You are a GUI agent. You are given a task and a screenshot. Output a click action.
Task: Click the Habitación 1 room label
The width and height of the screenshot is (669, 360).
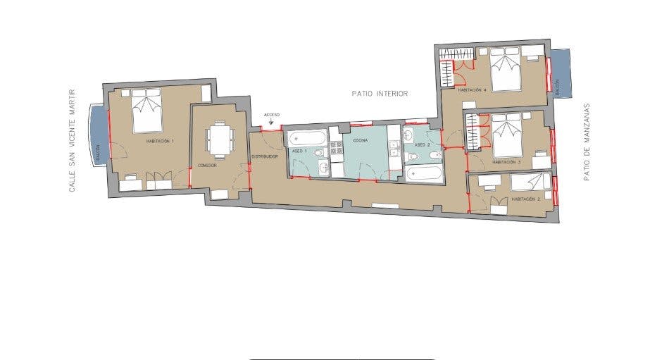160,142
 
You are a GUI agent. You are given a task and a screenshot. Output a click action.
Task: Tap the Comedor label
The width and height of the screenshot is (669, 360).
206,165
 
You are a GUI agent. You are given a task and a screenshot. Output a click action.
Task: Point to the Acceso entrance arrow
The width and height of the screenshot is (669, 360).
272,121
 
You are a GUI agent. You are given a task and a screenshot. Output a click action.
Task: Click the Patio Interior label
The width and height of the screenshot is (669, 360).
380,93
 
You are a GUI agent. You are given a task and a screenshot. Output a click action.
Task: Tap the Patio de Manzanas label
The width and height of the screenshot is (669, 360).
586,143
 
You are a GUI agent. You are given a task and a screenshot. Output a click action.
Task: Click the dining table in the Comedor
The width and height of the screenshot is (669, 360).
220,139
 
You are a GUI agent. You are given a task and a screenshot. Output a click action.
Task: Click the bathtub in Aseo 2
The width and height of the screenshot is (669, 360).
423,173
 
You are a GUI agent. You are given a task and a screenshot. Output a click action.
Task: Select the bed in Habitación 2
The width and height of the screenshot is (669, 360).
530,182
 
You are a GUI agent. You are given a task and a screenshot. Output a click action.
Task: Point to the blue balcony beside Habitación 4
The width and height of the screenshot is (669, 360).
562,73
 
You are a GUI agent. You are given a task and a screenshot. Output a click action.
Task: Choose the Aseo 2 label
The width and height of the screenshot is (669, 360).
421,144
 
